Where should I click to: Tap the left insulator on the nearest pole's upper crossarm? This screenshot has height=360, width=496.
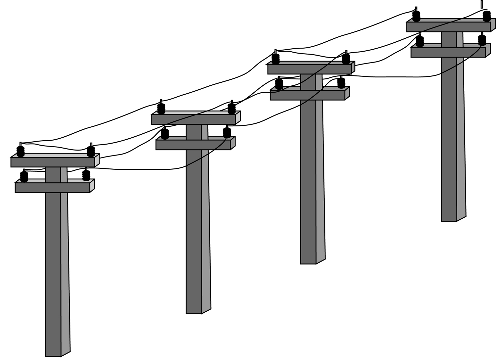click(x=21, y=151)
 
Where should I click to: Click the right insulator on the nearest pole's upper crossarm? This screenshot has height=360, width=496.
click(x=91, y=151)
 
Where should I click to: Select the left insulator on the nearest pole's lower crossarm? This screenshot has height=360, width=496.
click(x=24, y=176)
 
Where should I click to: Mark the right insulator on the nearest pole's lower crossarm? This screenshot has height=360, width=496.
click(x=86, y=175)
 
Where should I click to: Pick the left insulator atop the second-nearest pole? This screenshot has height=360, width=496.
click(x=161, y=109)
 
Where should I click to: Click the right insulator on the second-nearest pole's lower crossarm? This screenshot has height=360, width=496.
click(x=227, y=132)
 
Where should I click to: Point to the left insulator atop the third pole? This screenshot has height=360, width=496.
click(x=275, y=59)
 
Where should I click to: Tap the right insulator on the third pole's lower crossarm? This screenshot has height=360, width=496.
click(x=341, y=83)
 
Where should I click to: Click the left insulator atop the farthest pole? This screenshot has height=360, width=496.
click(x=416, y=16)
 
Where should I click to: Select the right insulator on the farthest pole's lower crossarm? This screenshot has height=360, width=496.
click(x=482, y=40)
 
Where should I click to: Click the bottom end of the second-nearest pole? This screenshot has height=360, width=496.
click(x=194, y=312)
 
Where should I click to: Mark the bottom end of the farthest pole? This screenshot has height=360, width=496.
click(x=449, y=219)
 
